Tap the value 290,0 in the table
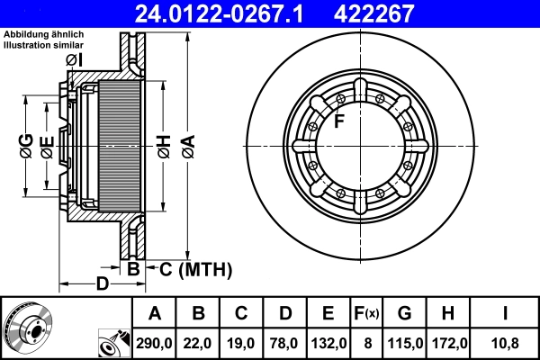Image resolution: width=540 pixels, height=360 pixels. tap(155, 343)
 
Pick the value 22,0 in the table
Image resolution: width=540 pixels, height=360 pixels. tap(198, 343)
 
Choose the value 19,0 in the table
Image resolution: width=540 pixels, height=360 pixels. tap(241, 343)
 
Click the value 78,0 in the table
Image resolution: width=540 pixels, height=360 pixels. tap(284, 343)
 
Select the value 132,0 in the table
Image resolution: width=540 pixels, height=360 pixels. tap(328, 343)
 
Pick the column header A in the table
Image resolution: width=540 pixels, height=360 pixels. tap(155, 314)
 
